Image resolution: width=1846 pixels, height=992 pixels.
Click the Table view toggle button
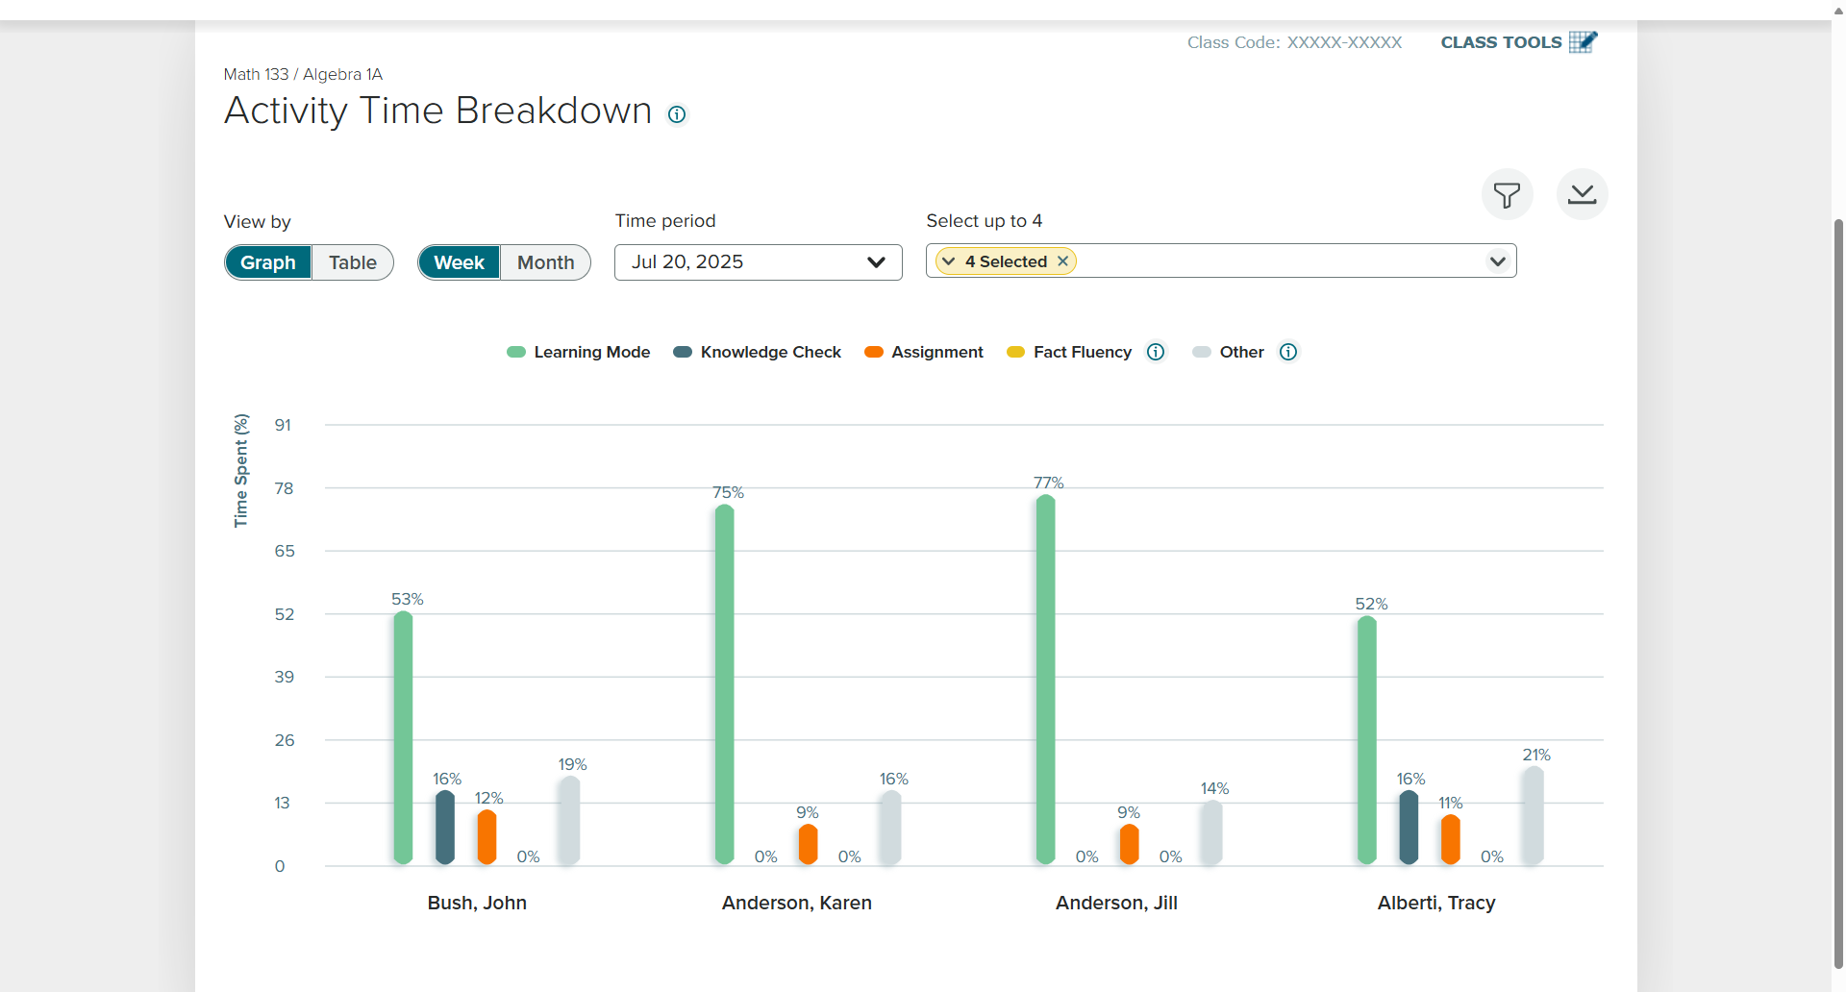coord(352,262)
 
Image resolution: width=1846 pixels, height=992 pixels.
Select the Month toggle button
coord(545,262)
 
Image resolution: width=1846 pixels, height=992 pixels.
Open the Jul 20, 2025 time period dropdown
coord(758,262)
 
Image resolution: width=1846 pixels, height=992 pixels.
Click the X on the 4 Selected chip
coord(1062,261)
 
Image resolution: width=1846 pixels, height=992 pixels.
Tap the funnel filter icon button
coord(1507,194)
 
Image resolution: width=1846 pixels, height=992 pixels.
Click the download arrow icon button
coord(1582,194)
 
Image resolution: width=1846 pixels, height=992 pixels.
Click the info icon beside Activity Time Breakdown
coord(677,114)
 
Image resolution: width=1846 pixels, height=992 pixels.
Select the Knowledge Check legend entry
coord(757,352)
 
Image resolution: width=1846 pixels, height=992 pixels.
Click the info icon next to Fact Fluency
coord(1156,352)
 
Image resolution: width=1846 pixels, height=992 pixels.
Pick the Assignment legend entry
coord(923,352)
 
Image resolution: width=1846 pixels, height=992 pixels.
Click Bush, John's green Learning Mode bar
coord(403,737)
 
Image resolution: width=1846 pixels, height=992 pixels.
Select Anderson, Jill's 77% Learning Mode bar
coord(1045,680)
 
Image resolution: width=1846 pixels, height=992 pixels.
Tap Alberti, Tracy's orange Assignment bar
coord(1450,839)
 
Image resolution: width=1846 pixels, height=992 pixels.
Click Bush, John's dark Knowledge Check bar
coord(444,827)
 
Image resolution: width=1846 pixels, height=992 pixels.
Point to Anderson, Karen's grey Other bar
coord(891,827)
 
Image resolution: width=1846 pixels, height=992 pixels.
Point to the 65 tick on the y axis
coord(285,551)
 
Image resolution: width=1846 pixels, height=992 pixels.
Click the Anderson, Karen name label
coord(797,903)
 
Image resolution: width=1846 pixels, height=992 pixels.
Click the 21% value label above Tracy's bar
coord(1536,755)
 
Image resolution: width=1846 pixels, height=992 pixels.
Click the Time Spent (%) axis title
coord(241,470)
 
